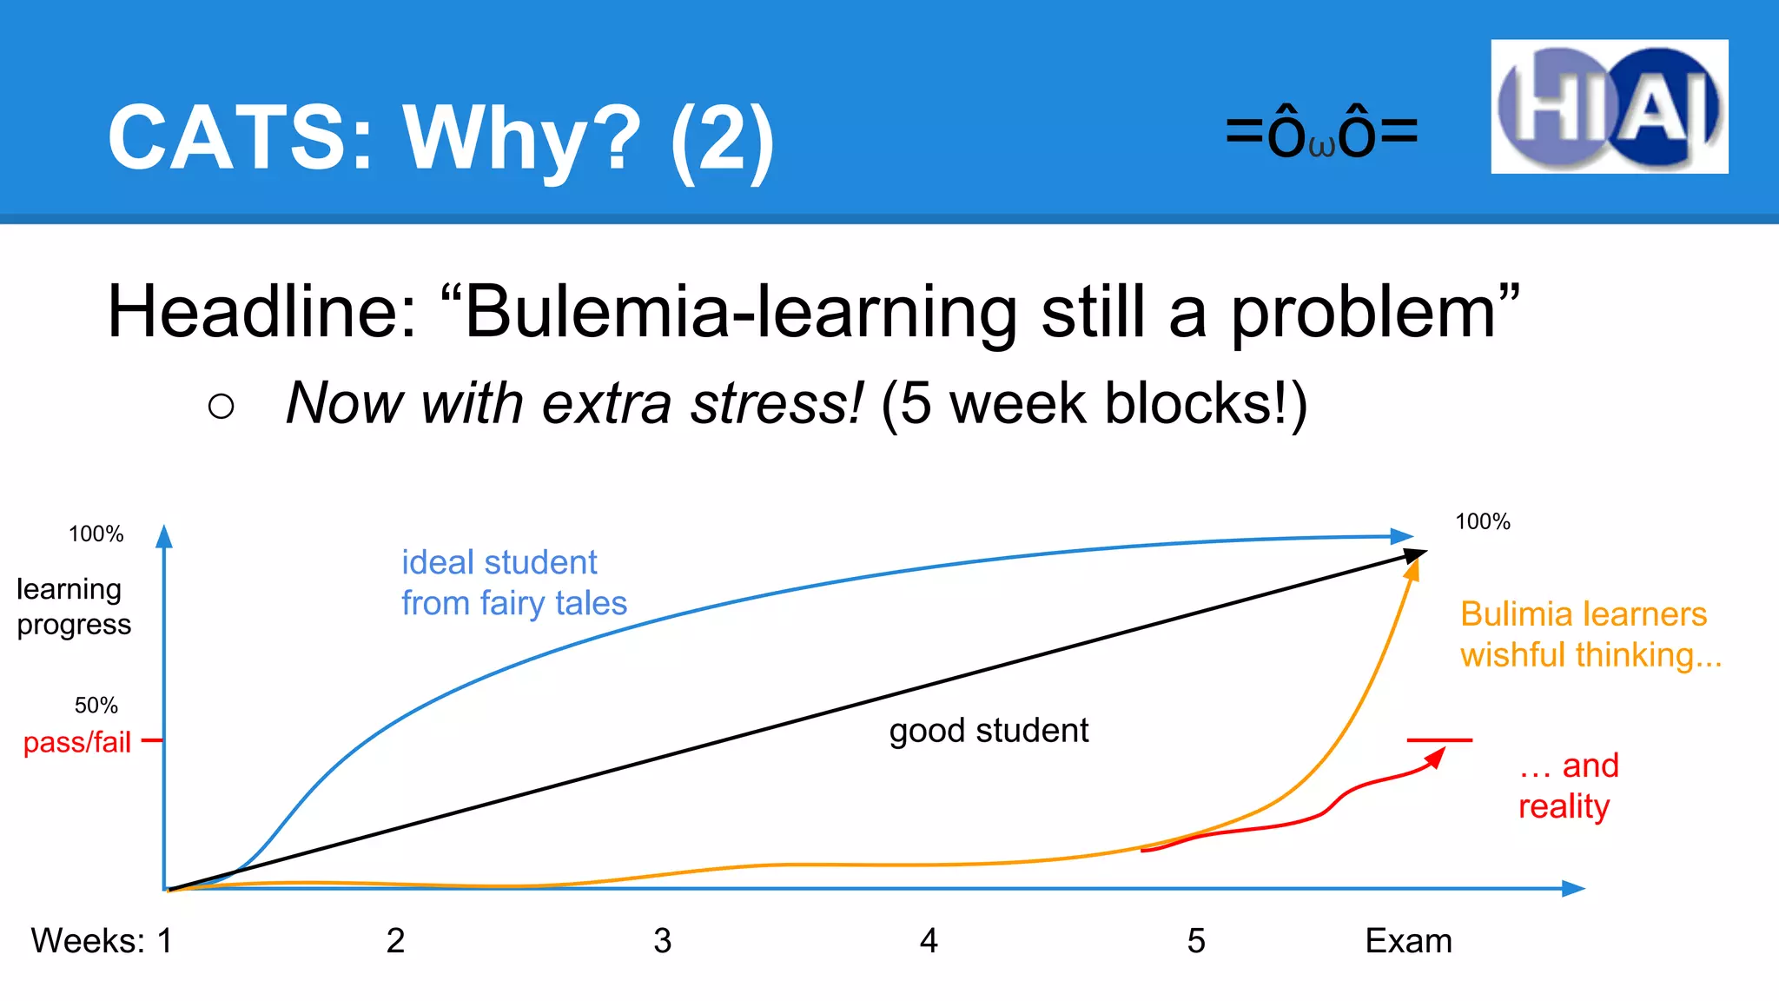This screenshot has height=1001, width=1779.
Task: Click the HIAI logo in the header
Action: coord(1609,107)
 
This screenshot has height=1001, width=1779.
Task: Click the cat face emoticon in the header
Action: coord(1321,133)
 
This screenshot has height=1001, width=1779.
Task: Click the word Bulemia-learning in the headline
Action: coord(741,312)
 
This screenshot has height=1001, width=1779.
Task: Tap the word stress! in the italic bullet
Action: coord(777,404)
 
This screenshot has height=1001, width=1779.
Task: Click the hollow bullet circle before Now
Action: coord(222,406)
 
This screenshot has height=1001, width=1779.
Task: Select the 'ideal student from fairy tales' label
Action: coord(513,582)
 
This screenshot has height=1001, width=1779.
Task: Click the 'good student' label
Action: coord(989,731)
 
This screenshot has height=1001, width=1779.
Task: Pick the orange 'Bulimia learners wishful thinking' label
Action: coord(1590,634)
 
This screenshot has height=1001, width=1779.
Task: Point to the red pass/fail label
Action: coord(76,742)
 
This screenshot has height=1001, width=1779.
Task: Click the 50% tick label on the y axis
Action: coord(96,705)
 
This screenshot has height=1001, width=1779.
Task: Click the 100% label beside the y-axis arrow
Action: coord(96,534)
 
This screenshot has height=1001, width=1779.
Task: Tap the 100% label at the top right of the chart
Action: coord(1482,521)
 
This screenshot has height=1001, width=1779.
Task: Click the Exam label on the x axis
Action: coord(1408,941)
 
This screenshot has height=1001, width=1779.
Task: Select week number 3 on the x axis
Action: coord(663,941)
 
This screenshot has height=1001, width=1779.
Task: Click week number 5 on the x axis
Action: coord(1196,941)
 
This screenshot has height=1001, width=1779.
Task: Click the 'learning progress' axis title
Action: coord(73,607)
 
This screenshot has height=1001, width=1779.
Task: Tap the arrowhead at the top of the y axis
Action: coord(164,536)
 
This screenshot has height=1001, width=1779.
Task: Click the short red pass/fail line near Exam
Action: coord(1439,740)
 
